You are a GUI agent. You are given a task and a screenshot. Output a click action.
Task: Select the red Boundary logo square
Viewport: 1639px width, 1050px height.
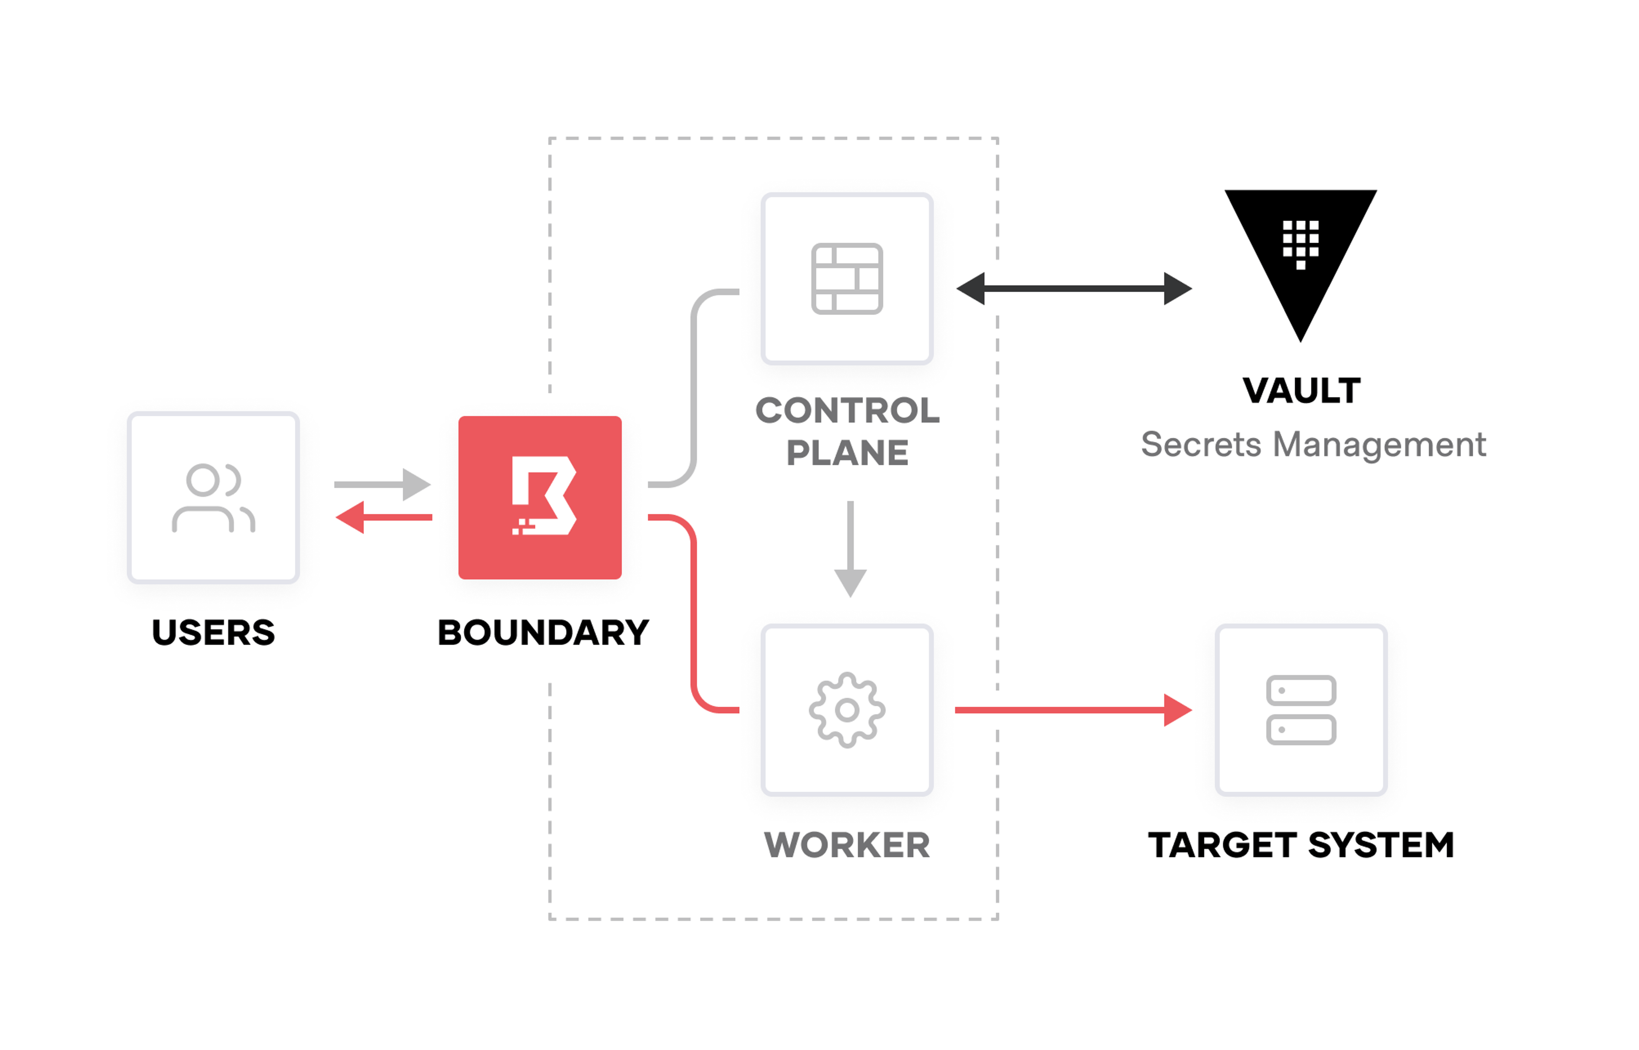(x=540, y=498)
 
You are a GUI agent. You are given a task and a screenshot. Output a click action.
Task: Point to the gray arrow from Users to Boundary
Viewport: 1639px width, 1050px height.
(x=382, y=484)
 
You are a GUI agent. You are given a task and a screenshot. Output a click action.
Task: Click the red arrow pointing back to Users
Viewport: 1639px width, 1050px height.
(x=384, y=517)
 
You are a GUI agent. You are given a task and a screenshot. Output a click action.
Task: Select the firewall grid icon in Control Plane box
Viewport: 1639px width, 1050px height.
(x=847, y=278)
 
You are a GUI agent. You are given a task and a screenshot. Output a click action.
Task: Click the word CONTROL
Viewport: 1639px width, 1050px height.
(x=847, y=410)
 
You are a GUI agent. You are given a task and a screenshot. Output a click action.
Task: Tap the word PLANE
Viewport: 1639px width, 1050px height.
(x=847, y=453)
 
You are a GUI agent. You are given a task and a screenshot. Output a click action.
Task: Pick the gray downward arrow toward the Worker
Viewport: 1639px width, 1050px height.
(x=850, y=549)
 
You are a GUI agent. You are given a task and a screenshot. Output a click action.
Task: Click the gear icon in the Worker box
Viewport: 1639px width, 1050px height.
(x=847, y=710)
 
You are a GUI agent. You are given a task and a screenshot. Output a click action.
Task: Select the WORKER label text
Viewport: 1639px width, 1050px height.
(x=847, y=845)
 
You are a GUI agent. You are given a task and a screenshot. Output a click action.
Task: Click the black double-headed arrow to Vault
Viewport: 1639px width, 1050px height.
(x=1074, y=288)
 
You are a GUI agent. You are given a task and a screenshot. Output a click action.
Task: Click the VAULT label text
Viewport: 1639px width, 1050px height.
(x=1301, y=391)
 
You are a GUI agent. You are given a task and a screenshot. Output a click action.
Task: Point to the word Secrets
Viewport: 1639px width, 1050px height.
(x=1201, y=445)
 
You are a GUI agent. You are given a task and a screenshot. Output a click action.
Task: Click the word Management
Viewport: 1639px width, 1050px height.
(x=1379, y=445)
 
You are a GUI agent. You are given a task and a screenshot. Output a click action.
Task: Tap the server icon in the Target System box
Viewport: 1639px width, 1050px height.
(x=1301, y=710)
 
